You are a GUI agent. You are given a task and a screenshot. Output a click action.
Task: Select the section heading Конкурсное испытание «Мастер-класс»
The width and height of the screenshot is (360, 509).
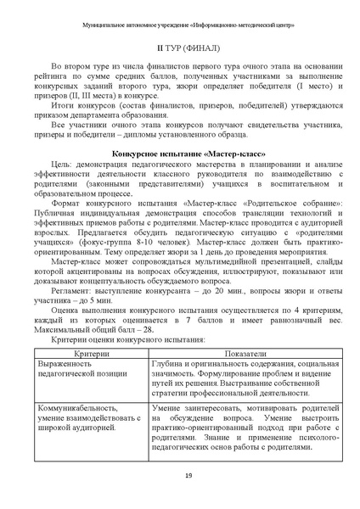[179, 175]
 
